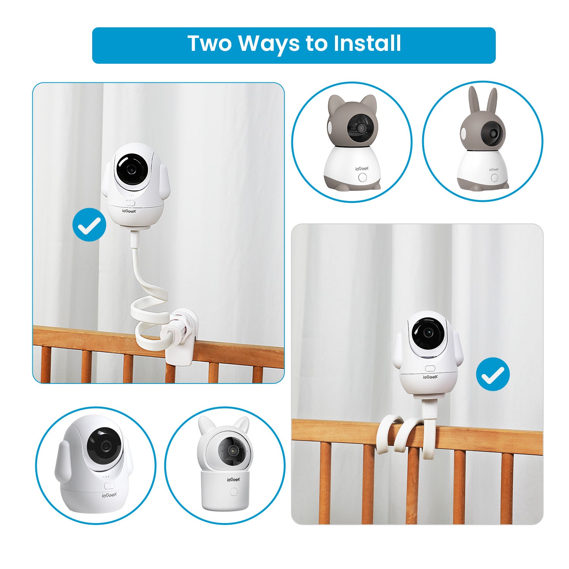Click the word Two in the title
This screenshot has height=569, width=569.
pyautogui.click(x=209, y=43)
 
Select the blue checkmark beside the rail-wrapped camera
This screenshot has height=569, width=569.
pyautogui.click(x=493, y=374)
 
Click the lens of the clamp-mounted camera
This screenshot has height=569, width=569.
pyautogui.click(x=132, y=169)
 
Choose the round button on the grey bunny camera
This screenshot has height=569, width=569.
pyautogui.click(x=494, y=178)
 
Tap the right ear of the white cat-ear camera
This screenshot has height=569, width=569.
pyautogui.click(x=242, y=424)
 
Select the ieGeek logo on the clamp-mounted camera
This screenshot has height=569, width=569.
pyautogui.click(x=129, y=210)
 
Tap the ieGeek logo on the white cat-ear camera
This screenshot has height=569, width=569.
pyautogui.click(x=233, y=479)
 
